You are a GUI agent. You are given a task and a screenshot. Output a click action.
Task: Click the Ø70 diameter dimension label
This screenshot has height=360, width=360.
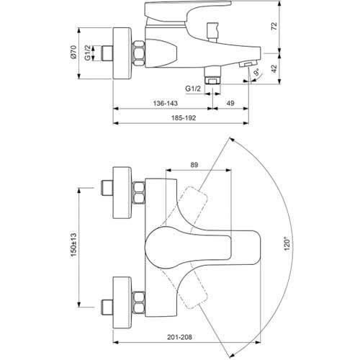click(73, 52)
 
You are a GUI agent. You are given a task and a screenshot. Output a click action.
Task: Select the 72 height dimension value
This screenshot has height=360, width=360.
click(274, 26)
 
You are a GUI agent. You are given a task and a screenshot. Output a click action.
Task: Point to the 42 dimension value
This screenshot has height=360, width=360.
click(274, 68)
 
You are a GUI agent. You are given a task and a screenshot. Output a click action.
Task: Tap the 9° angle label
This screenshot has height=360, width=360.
click(257, 72)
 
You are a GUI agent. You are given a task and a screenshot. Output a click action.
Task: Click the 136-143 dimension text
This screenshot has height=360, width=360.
click(166, 103)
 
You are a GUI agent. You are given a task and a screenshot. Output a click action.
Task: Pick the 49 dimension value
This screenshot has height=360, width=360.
click(230, 103)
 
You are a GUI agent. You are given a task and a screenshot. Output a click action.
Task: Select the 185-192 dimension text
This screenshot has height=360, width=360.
click(184, 118)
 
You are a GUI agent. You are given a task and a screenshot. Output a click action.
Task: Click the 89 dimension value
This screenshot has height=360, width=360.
click(194, 165)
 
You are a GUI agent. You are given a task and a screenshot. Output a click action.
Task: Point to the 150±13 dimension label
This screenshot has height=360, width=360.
click(73, 245)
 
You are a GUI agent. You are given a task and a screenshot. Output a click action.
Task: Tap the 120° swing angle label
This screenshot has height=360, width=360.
click(287, 243)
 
